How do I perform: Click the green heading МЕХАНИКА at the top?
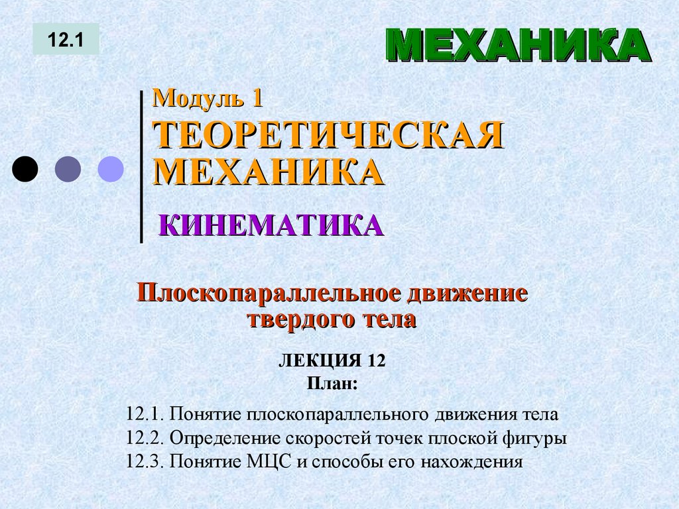pos(518,46)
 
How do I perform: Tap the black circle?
pos(25,169)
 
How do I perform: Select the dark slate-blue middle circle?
pos(68,169)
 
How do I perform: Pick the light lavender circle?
pos(111,169)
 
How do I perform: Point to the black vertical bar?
pos(142,166)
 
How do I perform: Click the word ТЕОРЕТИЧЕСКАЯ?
pos(328,136)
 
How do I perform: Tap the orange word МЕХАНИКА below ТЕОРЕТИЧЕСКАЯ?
pos(269,171)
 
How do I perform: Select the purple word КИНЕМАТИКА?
pos(271,226)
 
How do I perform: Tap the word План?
pos(332,382)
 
